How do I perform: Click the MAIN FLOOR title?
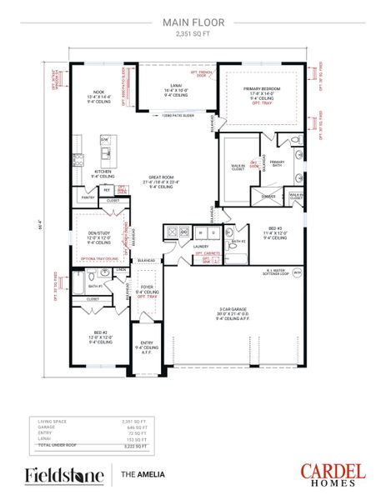(x=193, y=24)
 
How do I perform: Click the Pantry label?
(x=87, y=197)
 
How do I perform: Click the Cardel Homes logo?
(x=333, y=475)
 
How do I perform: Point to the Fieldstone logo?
(x=64, y=476)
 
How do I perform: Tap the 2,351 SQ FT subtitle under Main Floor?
(x=193, y=34)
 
